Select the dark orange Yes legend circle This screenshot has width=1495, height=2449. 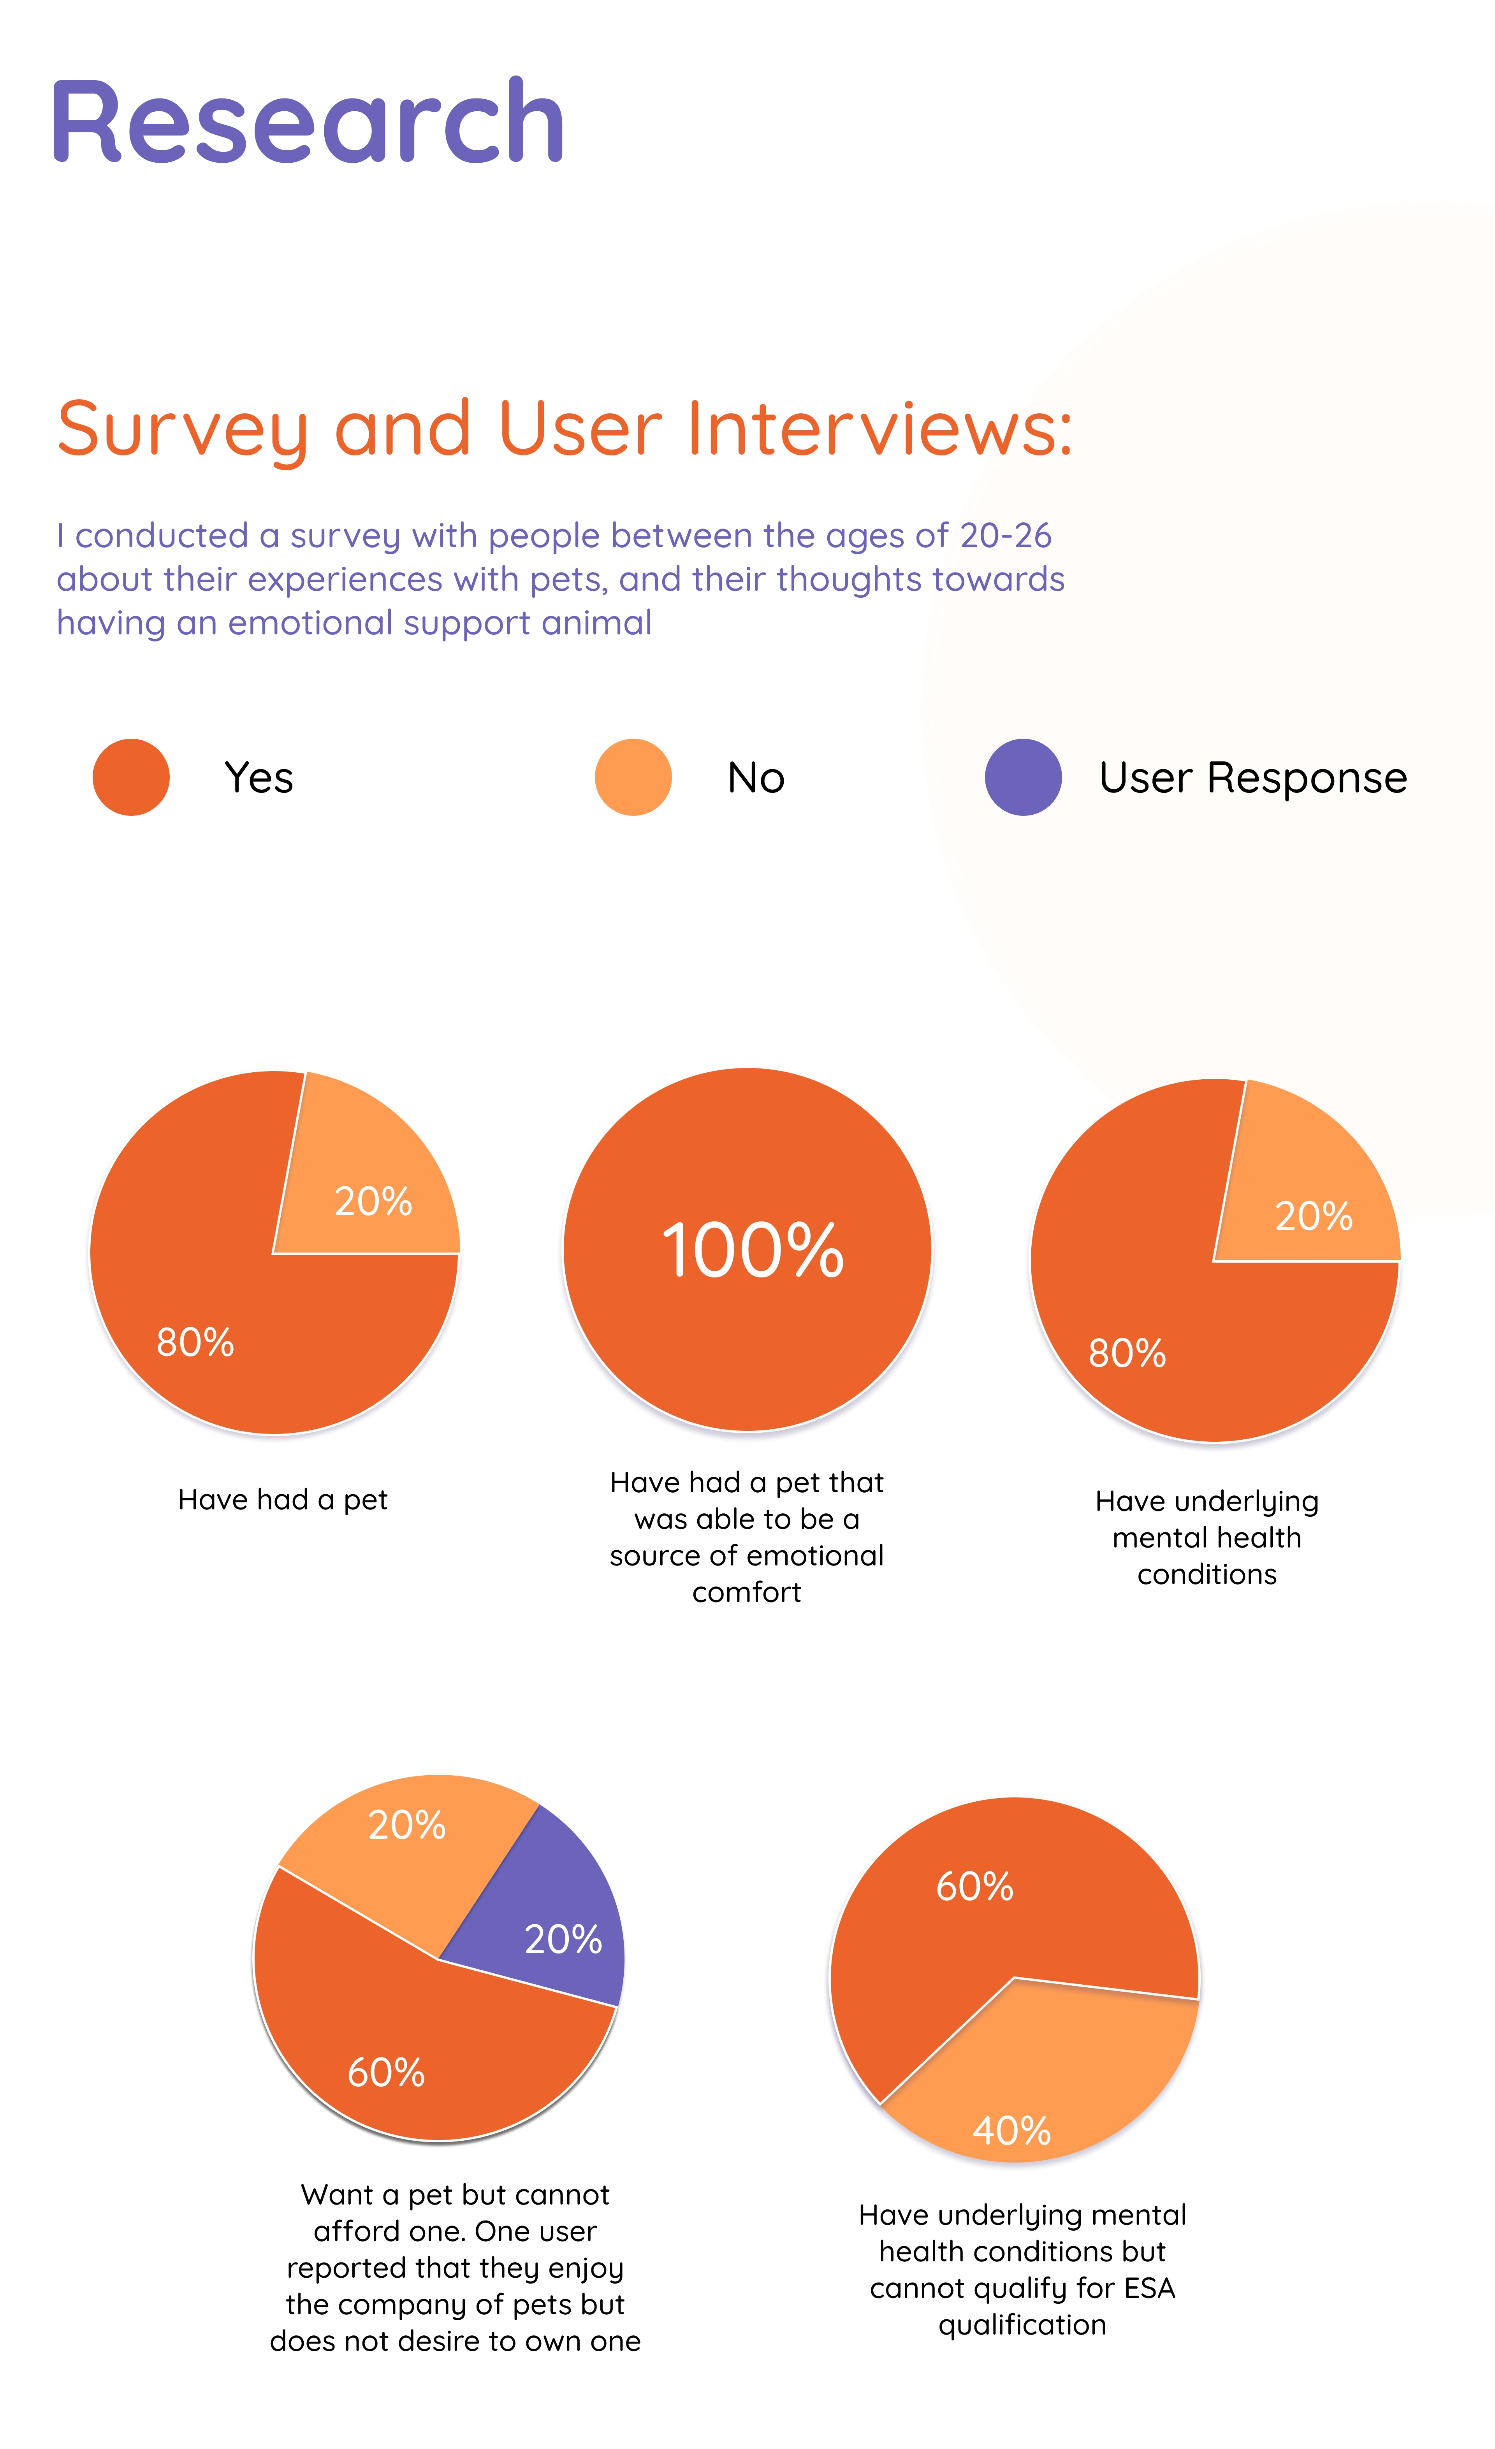(131, 777)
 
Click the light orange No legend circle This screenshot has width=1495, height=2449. (633, 777)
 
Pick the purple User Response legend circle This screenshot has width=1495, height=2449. (1023, 777)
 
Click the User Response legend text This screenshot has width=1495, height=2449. (1252, 777)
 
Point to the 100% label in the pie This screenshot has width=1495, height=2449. (753, 1250)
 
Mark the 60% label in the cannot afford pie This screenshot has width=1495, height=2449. (386, 2072)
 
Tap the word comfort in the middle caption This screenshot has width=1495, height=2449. (746, 1592)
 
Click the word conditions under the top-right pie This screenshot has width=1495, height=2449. (1207, 1574)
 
